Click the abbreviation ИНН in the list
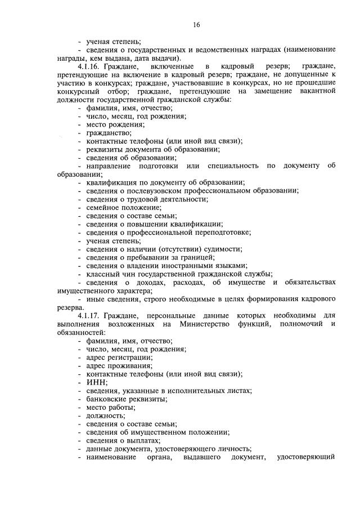pyautogui.click(x=96, y=382)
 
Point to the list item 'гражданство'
pyautogui.click(x=109, y=132)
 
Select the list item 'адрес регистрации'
pyautogui.click(x=119, y=357)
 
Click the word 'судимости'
pyautogui.click(x=224, y=249)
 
